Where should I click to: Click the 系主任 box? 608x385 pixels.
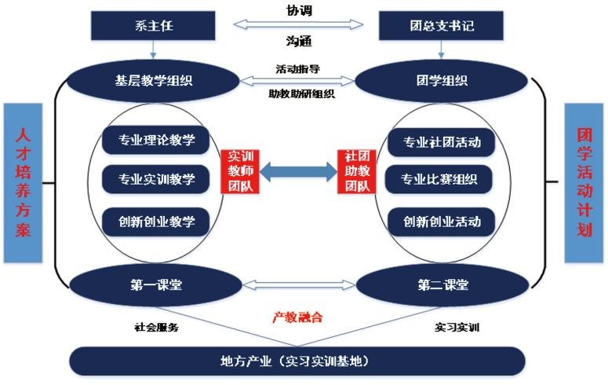(152, 26)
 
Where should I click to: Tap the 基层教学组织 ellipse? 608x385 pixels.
(152, 79)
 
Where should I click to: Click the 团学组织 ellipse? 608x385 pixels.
(442, 79)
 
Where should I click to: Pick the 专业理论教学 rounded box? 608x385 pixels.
(157, 141)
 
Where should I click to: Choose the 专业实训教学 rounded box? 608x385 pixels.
(157, 180)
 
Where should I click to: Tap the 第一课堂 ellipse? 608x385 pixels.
(156, 284)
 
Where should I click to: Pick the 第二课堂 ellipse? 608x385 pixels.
(442, 284)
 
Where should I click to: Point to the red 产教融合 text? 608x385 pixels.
(297, 318)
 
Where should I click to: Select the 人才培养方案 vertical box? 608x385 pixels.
(22, 182)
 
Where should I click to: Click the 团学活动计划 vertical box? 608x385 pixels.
(584, 182)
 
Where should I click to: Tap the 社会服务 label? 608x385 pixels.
(157, 327)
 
